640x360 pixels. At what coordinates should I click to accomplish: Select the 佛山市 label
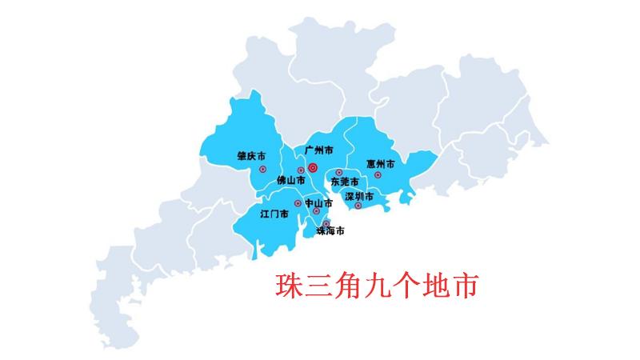coord(290,181)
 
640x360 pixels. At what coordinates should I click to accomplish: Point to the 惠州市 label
coord(381,163)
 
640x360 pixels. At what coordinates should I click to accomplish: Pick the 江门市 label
coord(274,214)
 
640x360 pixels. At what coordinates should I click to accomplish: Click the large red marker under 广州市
coord(313,168)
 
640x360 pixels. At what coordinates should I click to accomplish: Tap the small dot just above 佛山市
coord(301,170)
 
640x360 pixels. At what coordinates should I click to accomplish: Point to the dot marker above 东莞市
coord(339,173)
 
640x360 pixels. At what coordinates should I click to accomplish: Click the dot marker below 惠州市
coord(378,174)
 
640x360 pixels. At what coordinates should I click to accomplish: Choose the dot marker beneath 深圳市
coord(358,206)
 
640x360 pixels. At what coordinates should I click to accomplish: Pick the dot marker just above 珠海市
coord(326,223)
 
